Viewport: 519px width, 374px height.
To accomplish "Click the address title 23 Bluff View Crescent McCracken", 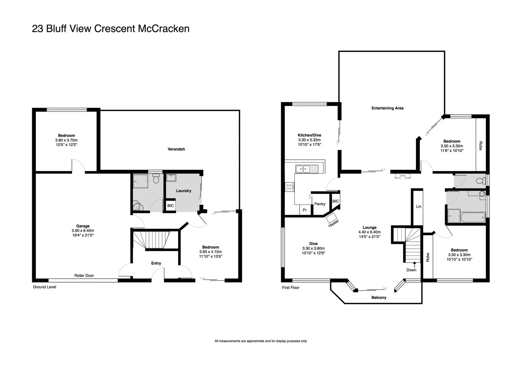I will (x=111, y=28).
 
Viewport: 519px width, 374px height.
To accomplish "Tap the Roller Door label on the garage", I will (x=84, y=276).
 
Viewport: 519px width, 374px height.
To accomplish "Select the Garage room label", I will (x=83, y=226).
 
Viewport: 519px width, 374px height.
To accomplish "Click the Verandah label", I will (x=176, y=149).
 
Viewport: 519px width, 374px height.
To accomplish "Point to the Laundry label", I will (x=184, y=191).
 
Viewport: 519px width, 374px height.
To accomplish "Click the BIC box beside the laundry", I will (x=170, y=205).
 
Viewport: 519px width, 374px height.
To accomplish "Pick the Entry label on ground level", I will (x=156, y=263).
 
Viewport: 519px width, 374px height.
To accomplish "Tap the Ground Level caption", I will (x=44, y=287).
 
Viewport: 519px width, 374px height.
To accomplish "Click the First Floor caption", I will (x=290, y=288).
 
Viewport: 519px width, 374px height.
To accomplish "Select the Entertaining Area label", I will (x=387, y=108).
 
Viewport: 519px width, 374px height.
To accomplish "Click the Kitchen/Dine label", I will (x=309, y=135).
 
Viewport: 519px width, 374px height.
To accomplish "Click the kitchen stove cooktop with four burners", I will (x=289, y=187).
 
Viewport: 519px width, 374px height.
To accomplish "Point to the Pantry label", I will (x=320, y=204).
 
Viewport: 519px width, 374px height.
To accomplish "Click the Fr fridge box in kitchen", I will (x=305, y=210).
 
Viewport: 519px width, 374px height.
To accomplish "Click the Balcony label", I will (x=379, y=297).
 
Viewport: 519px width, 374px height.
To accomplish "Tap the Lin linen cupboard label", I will (x=419, y=206).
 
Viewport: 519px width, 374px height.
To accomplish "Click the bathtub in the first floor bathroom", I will (x=472, y=217).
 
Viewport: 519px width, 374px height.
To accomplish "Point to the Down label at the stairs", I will (x=411, y=270).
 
